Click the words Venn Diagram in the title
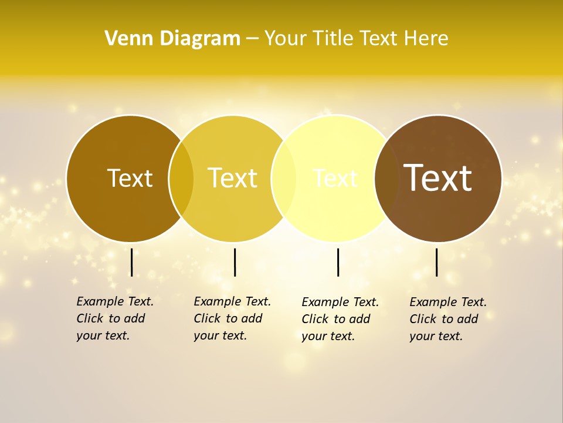[172, 39]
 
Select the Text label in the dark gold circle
[130, 178]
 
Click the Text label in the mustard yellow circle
[233, 178]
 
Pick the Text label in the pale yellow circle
[335, 178]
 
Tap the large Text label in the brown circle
[437, 178]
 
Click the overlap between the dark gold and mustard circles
[181, 179]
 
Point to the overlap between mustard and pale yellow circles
[284, 179]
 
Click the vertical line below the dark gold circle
[132, 262]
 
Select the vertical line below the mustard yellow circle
[235, 262]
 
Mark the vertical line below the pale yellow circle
[338, 262]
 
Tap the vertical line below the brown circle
[437, 262]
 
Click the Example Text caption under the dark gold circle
[115, 301]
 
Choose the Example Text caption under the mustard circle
[232, 301]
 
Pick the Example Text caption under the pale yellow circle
[340, 302]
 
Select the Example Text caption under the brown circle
[448, 302]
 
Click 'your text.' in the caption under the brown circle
[436, 336]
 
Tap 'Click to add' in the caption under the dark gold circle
[110, 318]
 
